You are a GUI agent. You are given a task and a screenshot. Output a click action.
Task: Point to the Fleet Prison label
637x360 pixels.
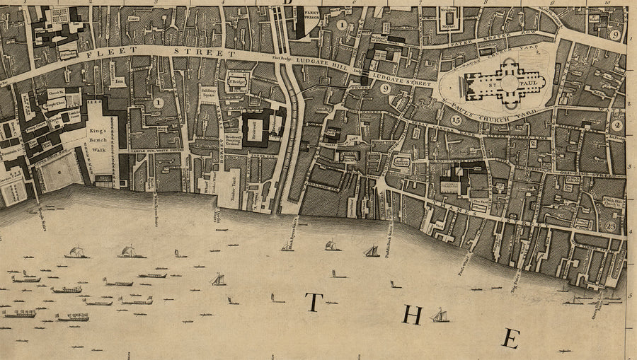coord(311,16)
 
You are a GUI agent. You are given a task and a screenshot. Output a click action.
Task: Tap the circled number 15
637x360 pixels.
coord(456,120)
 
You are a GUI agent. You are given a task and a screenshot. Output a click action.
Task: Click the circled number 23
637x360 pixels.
coord(612,226)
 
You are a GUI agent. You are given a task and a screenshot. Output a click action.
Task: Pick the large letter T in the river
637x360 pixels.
coord(314,303)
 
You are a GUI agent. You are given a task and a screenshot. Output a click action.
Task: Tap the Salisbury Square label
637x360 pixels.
coord(207,95)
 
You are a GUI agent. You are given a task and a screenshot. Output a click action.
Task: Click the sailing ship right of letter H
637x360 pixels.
coord(440,315)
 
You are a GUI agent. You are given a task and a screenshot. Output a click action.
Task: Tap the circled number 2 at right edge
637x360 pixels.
coord(616,125)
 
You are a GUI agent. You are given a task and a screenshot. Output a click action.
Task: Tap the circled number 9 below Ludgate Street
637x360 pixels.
coord(385,89)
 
